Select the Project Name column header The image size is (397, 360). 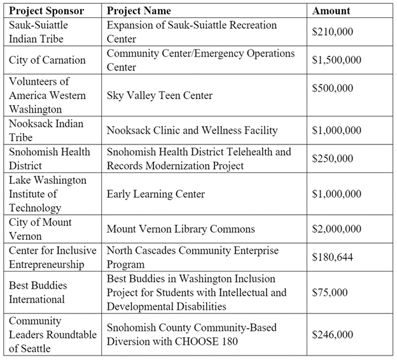(x=139, y=11)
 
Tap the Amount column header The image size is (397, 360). (x=331, y=11)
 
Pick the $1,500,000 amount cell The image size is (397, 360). (x=337, y=60)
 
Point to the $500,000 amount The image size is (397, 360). (x=333, y=88)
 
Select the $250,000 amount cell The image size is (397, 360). (x=333, y=158)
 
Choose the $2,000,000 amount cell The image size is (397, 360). (x=337, y=229)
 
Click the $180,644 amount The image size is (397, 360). (x=333, y=258)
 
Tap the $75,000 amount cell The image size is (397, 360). (x=330, y=293)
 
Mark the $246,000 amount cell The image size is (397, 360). (x=333, y=334)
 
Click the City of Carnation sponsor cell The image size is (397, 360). (x=47, y=60)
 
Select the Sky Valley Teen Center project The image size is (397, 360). (x=160, y=95)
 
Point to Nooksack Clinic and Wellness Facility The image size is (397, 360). (x=192, y=130)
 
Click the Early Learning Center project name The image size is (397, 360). (x=156, y=194)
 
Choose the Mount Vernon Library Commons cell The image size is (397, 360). (x=181, y=229)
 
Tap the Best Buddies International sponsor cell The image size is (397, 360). (x=38, y=293)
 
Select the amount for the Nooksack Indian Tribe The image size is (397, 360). (x=337, y=130)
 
